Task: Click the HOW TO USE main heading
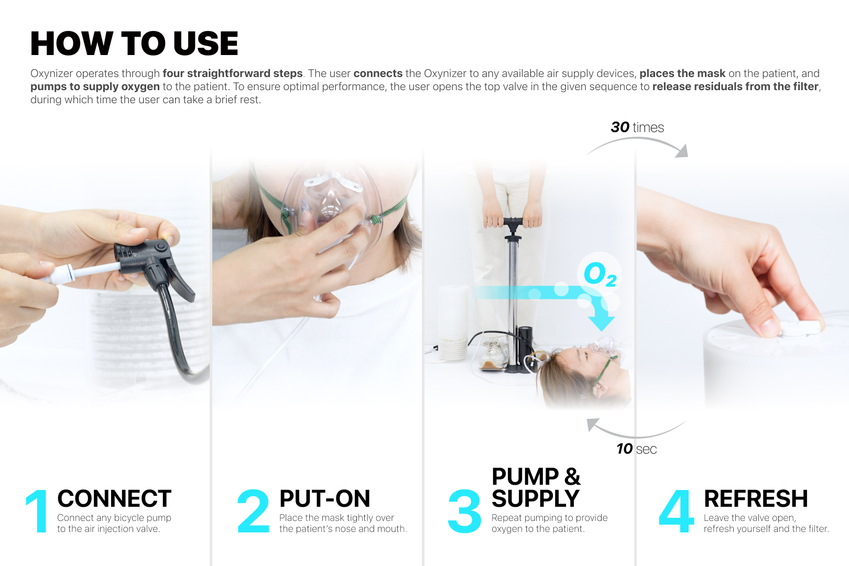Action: (x=134, y=43)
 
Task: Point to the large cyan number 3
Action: (x=464, y=511)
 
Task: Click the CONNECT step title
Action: (x=114, y=498)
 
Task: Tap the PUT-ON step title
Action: (x=324, y=498)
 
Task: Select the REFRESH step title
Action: (x=756, y=498)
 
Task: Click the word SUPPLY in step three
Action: (x=536, y=498)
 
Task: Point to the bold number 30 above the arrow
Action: (x=620, y=127)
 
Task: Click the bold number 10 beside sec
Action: (x=625, y=449)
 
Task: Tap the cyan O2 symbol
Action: (x=600, y=274)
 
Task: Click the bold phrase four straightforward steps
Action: (x=233, y=73)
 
